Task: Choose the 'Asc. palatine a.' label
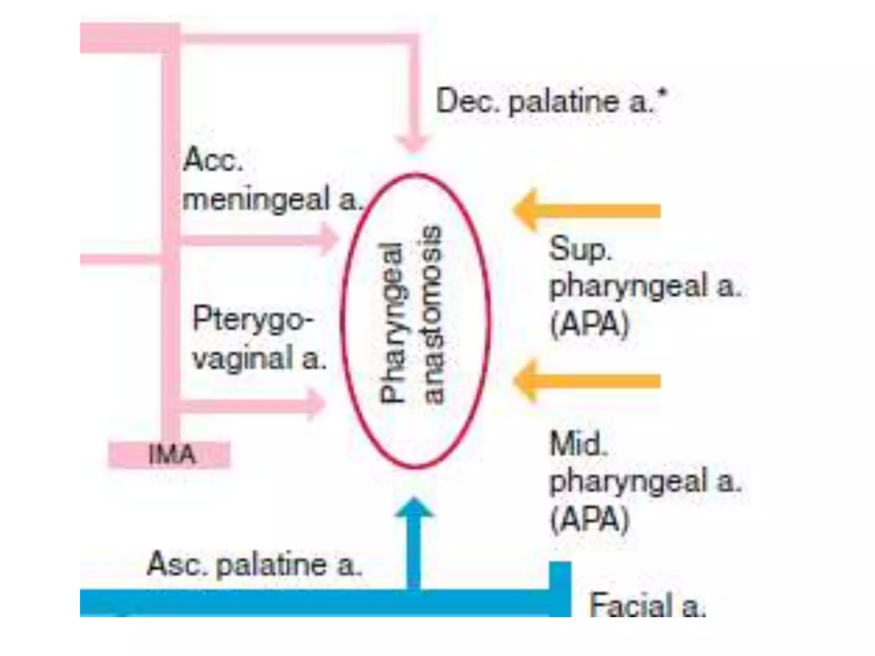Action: coord(254,565)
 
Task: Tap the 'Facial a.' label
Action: coord(647,605)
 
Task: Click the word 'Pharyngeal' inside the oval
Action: coord(392,323)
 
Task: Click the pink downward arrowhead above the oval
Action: coord(413,143)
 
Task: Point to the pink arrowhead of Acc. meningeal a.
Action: coord(329,240)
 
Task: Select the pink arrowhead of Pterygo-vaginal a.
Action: coord(316,404)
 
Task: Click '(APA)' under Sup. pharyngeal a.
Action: coord(590,325)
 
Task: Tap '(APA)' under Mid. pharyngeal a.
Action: coord(590,519)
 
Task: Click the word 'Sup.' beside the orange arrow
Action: coord(580,249)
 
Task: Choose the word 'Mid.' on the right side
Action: coord(578,444)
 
